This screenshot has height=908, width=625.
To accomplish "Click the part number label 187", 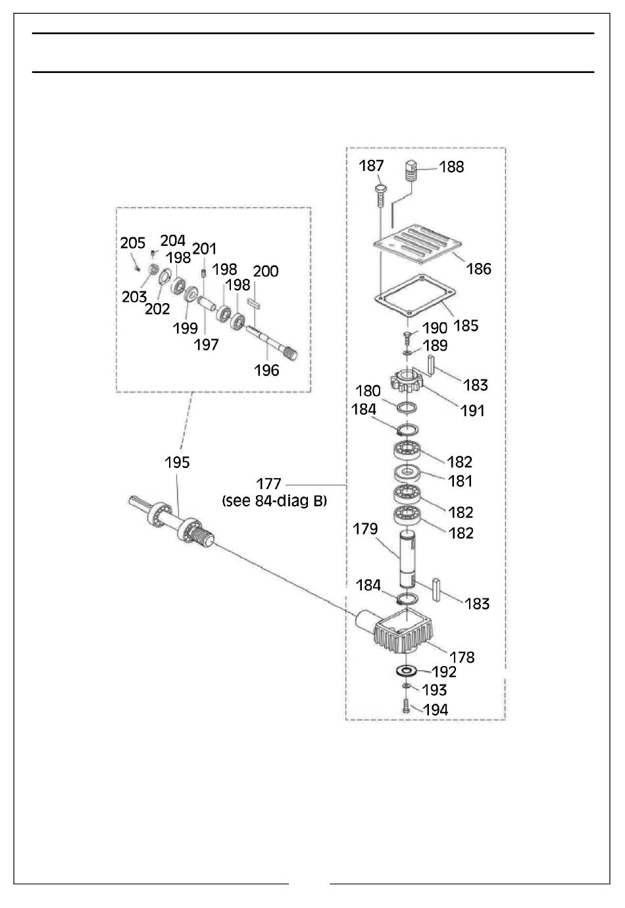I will coord(371,166).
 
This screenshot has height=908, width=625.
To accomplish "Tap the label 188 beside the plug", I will coord(451,167).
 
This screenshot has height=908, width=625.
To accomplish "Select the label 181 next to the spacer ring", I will coord(460,481).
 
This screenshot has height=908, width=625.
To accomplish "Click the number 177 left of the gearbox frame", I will coord(268,485).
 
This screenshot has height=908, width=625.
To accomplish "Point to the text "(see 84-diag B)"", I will coord(274,501).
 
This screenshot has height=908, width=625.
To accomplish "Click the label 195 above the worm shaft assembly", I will coord(177,462).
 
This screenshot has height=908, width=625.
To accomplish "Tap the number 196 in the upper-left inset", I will coord(266,370).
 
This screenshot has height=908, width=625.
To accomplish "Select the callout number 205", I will coord(132,243).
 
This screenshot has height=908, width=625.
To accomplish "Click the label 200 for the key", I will coord(265,271).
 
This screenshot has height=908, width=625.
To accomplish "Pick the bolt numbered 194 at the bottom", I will coord(406,708).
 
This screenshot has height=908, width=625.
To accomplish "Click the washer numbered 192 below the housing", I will coord(407,671).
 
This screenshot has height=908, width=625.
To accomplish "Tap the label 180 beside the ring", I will coord(369,392).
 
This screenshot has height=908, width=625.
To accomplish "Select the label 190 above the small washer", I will coord(434,327).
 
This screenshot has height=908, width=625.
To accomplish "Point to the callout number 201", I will coord(204,248).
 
